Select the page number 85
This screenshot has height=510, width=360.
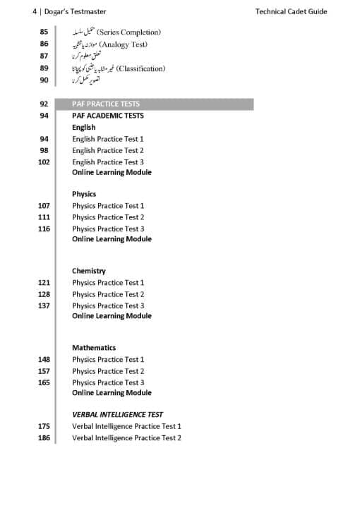pos(44,32)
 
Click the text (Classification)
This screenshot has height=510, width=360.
pos(140,68)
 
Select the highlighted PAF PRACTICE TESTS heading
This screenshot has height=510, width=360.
pos(106,104)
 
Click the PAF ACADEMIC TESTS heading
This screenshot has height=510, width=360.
pos(108,116)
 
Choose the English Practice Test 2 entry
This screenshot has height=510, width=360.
pos(108,150)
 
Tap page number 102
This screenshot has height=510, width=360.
pos(44,162)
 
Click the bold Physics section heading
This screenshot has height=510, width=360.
pos(84,194)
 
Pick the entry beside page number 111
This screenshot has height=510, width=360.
pos(108,217)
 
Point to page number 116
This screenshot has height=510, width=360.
pos(44,229)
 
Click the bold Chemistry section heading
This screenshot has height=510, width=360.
pos(89,271)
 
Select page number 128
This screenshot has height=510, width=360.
pos(44,294)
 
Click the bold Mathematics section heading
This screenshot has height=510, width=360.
pos(94,348)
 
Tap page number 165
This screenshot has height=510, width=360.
pos(44,382)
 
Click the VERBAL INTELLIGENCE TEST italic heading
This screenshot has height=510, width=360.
pos(117,415)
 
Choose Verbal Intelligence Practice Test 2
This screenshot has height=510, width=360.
pos(126,438)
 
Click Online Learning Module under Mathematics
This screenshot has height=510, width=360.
pos(112,393)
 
